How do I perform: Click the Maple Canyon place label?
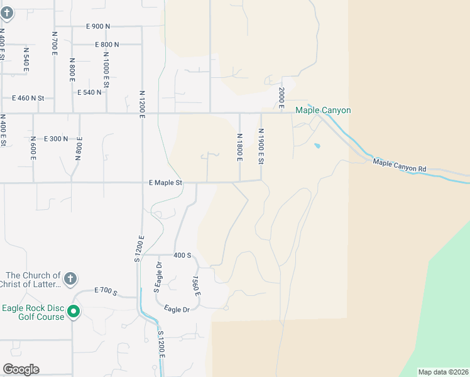(323, 111)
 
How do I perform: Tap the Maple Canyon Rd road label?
(400, 166)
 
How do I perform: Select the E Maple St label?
(165, 183)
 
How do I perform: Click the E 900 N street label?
(97, 26)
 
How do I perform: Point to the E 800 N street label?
(107, 45)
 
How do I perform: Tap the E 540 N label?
(89, 92)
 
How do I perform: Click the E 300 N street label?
(55, 138)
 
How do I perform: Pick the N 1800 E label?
(239, 147)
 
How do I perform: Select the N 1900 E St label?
(261, 146)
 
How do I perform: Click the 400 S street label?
(182, 255)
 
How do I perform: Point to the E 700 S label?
(106, 291)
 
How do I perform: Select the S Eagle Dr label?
(158, 276)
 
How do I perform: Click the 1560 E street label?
(197, 286)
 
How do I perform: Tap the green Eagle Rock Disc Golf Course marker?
(74, 311)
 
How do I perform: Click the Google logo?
(21, 369)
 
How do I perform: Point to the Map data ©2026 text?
(443, 372)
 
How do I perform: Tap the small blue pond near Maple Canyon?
(317, 146)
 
